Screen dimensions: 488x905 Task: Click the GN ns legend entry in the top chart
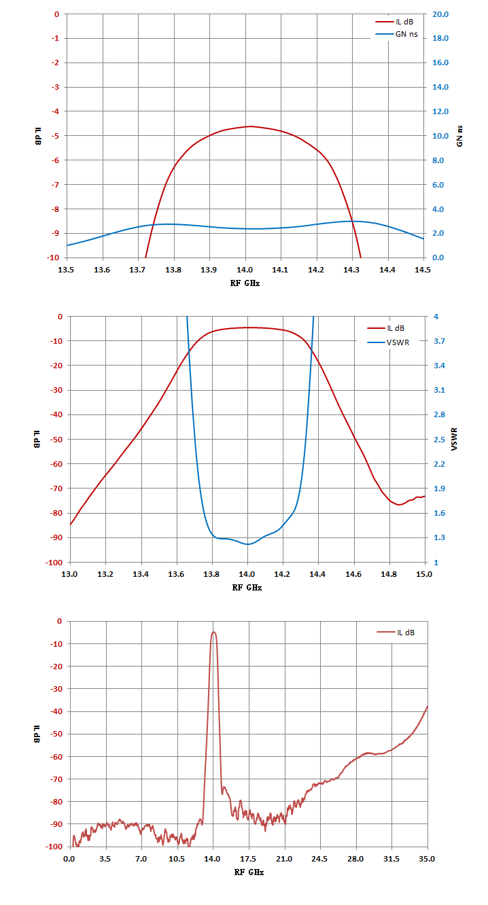(397, 34)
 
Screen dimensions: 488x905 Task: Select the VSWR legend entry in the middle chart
(388, 342)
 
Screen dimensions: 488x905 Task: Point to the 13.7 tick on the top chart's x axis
(137, 270)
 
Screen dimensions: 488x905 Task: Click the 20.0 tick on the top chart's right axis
(440, 14)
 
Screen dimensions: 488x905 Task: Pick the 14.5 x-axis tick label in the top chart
(423, 270)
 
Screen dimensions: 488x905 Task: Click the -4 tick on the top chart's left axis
(55, 111)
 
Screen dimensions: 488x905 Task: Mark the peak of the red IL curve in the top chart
(251, 126)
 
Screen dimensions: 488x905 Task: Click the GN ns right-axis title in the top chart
(459, 136)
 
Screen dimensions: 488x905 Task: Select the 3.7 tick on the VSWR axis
(439, 341)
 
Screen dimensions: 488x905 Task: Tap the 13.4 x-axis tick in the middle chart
(140, 573)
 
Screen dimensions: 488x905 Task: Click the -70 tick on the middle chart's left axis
(56, 488)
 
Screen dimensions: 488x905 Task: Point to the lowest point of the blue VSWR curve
(247, 544)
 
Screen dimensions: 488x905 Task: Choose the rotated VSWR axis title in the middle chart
(454, 439)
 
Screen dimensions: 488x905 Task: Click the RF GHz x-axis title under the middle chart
(247, 588)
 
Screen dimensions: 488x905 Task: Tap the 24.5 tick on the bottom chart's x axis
(319, 859)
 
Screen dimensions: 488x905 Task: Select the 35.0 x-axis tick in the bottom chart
(427, 859)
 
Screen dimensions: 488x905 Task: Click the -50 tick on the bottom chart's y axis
(56, 734)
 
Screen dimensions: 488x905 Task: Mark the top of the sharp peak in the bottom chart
(213, 632)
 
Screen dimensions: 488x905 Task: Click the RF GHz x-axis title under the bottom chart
(249, 872)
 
